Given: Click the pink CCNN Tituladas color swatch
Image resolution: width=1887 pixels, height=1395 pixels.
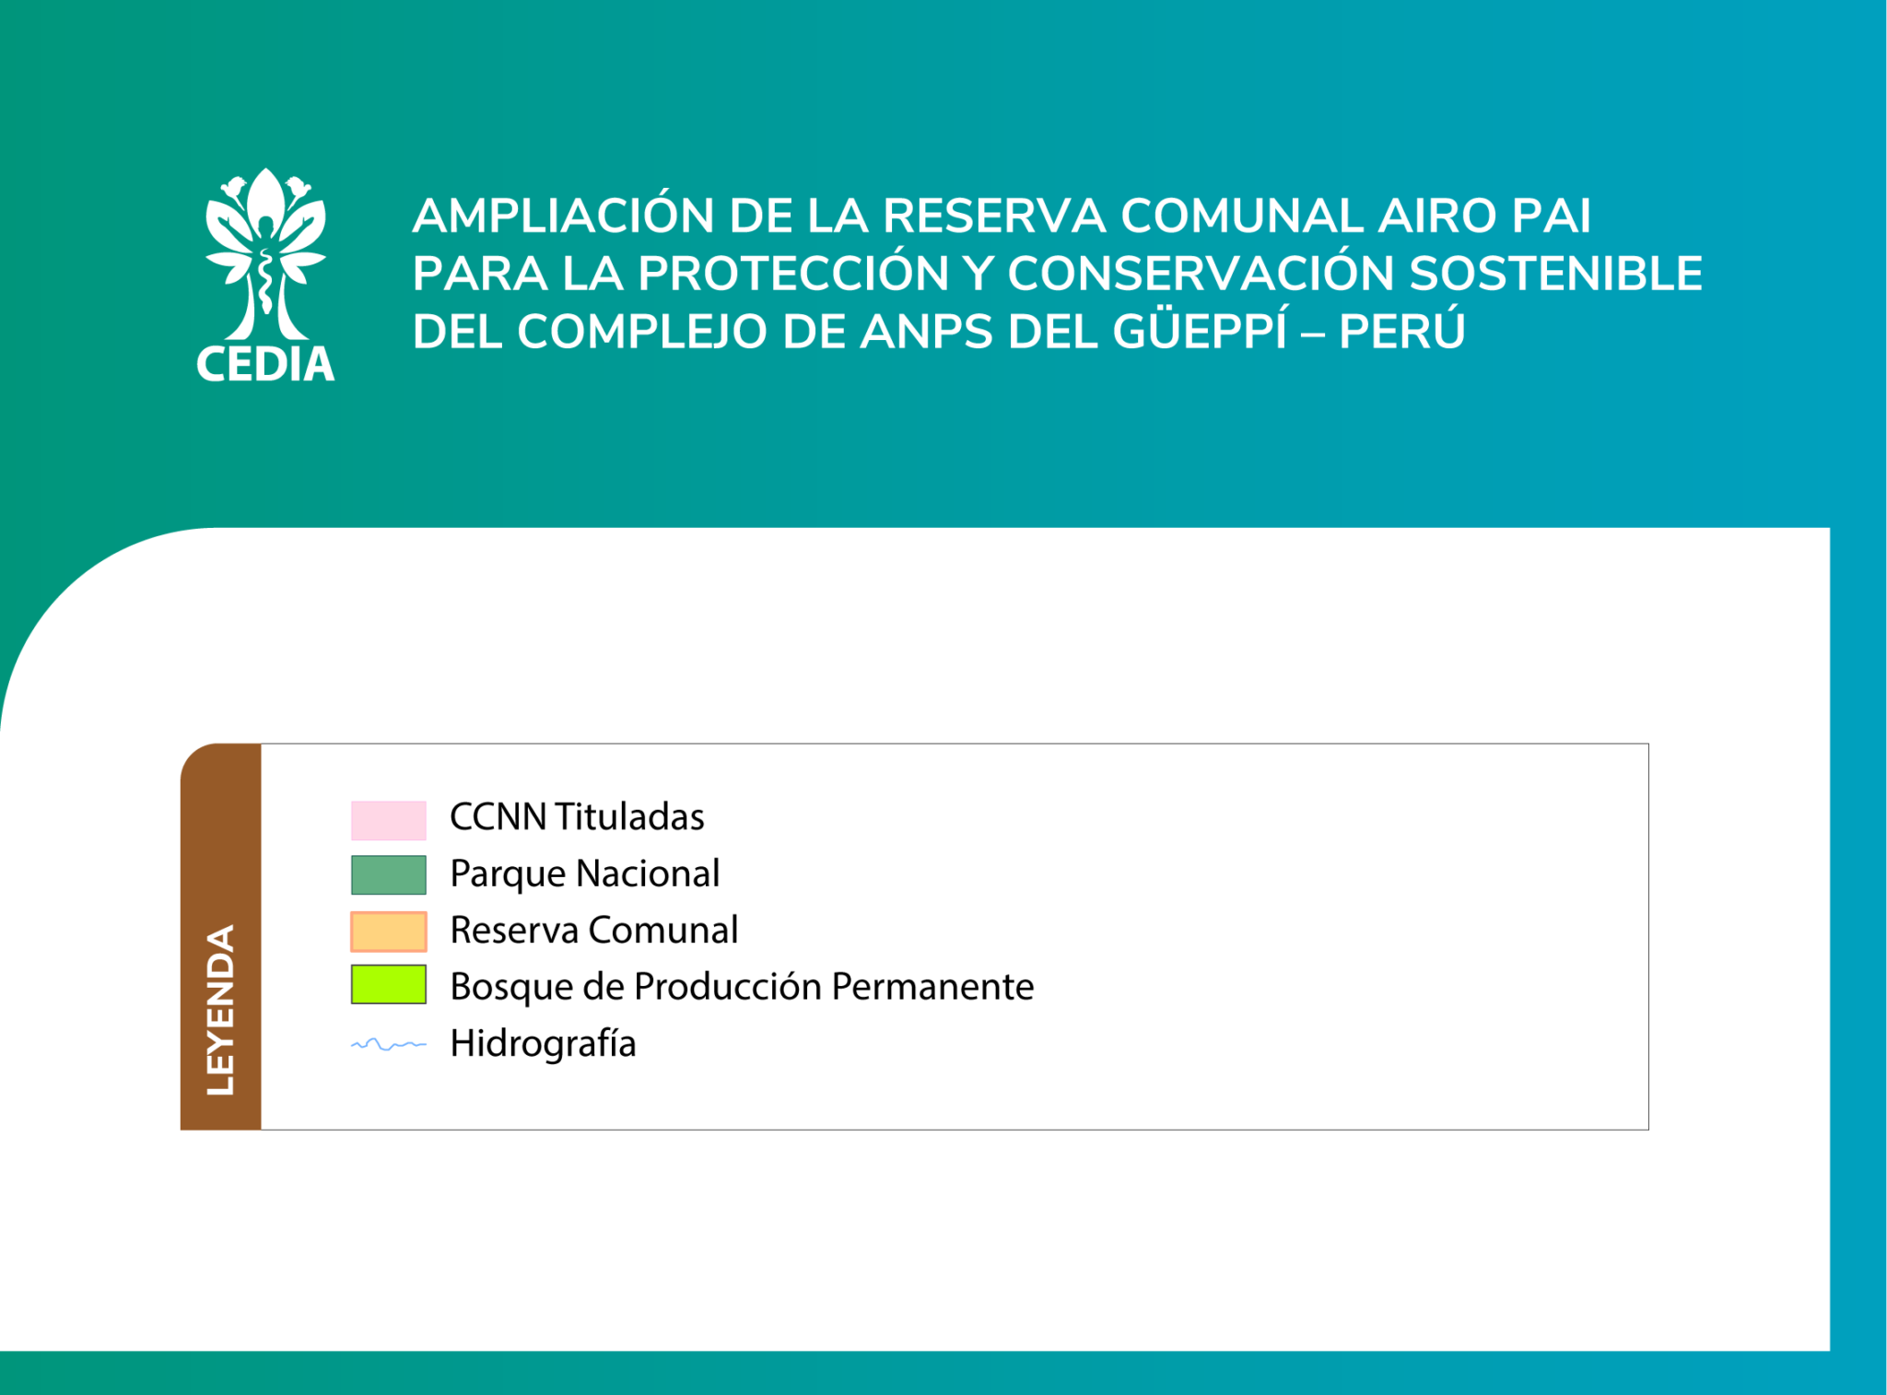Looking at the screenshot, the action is tap(388, 820).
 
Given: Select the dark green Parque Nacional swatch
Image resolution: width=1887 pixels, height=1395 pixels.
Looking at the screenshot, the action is tap(388, 874).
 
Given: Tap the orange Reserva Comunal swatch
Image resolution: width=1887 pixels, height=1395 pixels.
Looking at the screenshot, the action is tap(388, 931).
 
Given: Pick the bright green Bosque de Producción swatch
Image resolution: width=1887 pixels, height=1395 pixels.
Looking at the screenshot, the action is tap(388, 984).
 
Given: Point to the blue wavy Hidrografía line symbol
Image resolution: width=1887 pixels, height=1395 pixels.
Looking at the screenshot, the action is tap(388, 1044).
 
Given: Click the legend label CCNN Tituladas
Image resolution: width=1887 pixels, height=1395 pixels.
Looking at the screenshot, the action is tap(577, 816).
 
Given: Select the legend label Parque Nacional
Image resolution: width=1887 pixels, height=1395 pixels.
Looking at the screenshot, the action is tap(584, 873).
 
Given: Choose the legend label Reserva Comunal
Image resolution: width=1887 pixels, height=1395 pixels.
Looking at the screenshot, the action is tap(593, 930).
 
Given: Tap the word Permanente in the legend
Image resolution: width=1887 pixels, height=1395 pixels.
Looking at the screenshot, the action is tap(932, 986).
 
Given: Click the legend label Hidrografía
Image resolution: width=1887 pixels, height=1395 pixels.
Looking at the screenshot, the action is tap(543, 1044).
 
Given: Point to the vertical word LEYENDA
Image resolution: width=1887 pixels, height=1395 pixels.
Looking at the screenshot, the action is tap(221, 1010).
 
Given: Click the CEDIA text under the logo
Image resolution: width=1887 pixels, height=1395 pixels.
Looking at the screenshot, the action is tap(265, 364).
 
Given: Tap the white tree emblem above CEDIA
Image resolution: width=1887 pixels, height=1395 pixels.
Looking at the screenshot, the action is tap(265, 253).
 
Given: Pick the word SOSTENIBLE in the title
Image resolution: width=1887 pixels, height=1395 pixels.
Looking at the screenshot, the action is tap(1555, 274).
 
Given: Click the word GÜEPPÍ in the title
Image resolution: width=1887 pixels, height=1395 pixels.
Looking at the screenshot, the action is tap(1199, 330).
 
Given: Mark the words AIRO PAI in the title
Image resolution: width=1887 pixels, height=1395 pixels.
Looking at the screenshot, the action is tap(1483, 216).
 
